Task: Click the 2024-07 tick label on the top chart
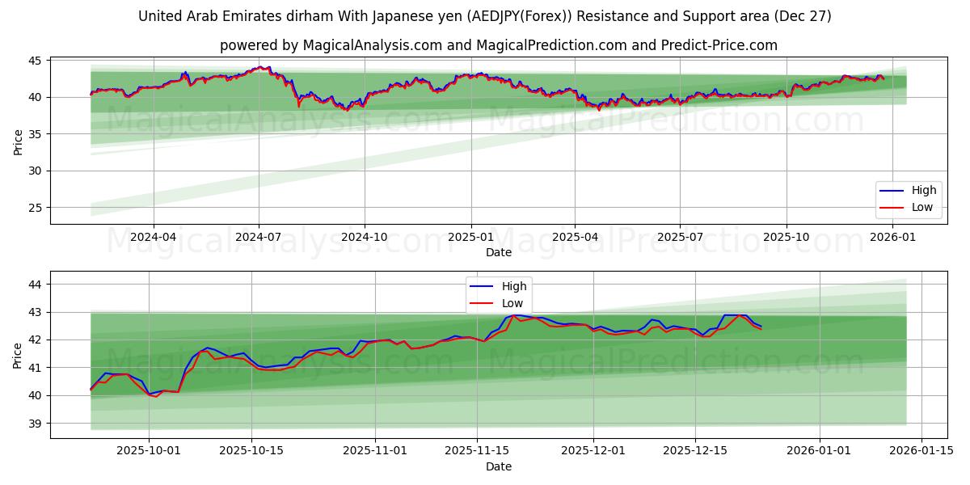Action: [259, 237]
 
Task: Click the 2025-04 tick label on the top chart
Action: [575, 237]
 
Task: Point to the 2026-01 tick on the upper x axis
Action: [892, 237]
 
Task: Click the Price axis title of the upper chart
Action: [18, 141]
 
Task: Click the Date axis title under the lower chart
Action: [498, 466]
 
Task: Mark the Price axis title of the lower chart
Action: [18, 355]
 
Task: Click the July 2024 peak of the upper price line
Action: [259, 67]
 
